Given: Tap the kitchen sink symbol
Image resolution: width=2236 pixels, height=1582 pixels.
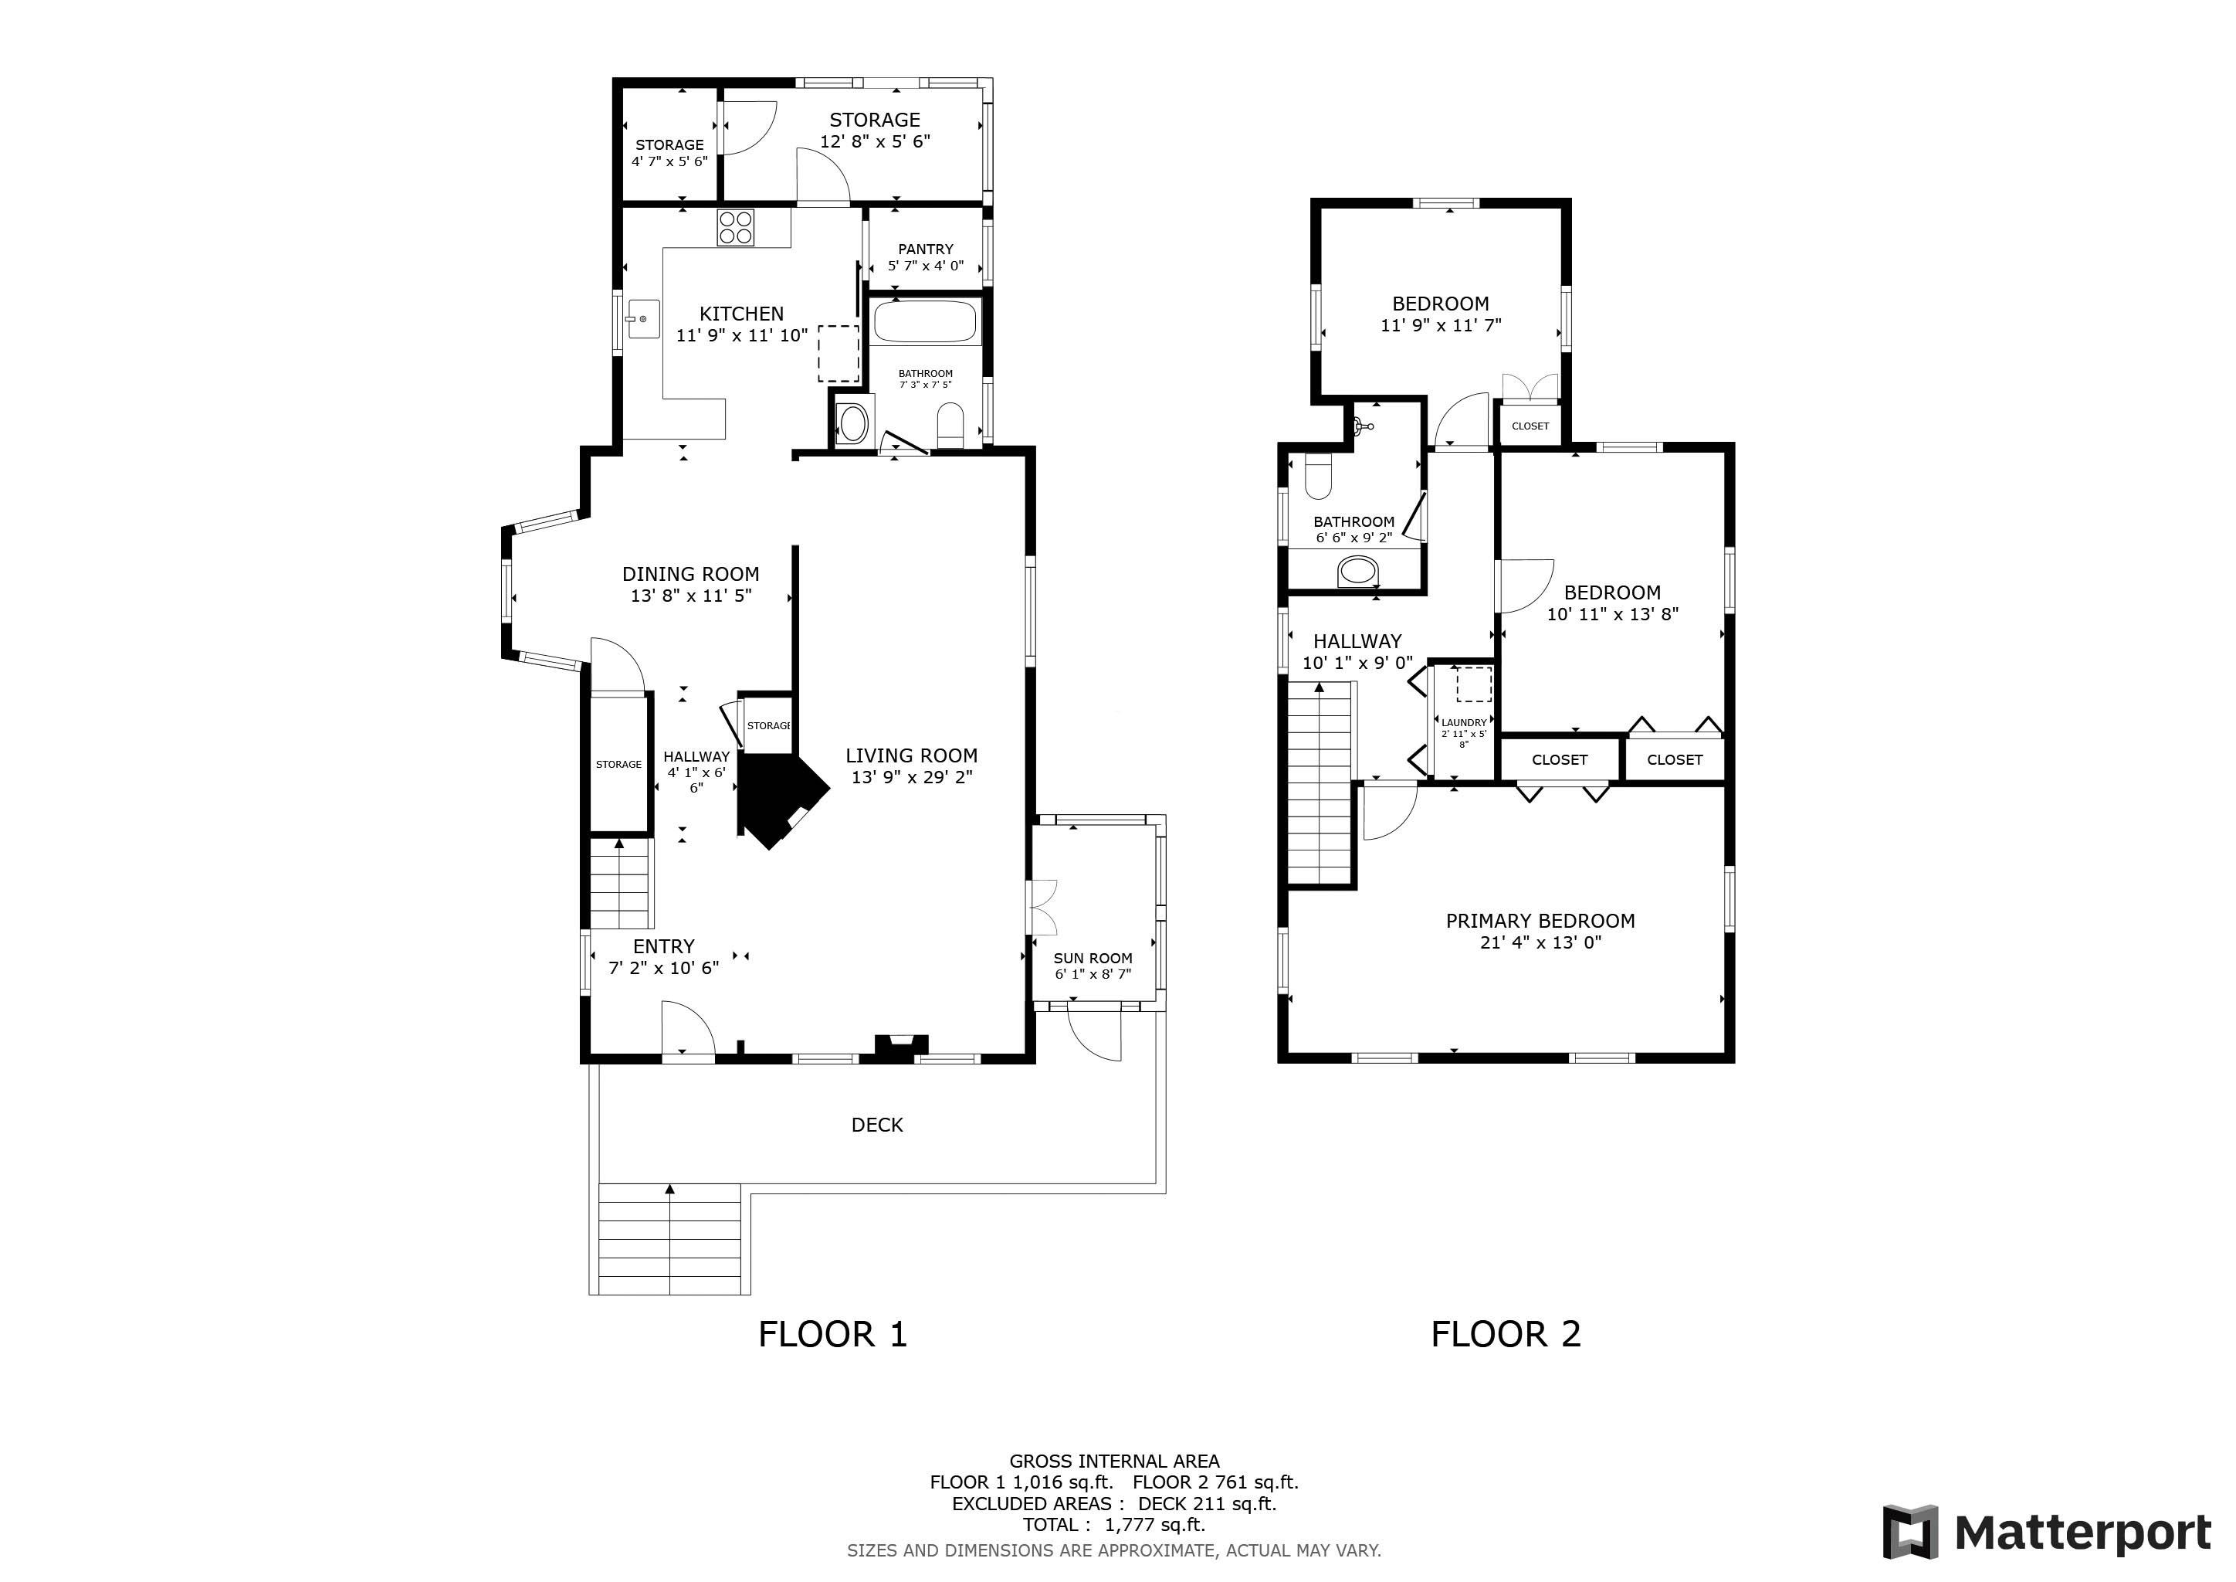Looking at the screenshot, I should (642, 318).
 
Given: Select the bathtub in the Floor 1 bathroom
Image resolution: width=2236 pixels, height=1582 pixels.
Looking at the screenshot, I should (924, 321).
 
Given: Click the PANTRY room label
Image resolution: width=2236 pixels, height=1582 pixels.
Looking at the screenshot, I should (925, 249).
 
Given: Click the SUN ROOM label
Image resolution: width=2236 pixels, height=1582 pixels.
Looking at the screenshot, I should (1093, 958).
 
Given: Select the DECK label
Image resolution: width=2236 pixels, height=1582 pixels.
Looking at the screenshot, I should (876, 1125).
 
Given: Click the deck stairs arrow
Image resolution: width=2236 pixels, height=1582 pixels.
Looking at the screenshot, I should (670, 1190).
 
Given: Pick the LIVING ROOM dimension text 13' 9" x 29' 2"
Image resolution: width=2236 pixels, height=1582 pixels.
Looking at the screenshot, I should (912, 777).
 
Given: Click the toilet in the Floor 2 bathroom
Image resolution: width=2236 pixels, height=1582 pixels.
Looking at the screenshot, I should (1318, 475).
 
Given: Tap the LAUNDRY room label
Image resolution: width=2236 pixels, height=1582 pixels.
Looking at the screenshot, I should (1464, 723).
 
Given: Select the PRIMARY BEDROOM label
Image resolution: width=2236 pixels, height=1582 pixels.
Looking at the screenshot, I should (1540, 921).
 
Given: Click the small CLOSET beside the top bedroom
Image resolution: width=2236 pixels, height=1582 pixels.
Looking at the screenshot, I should (1530, 426).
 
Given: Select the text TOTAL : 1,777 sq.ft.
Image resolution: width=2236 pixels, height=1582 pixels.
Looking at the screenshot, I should (1113, 1525).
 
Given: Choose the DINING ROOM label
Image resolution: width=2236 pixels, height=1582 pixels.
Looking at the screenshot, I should (690, 574).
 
